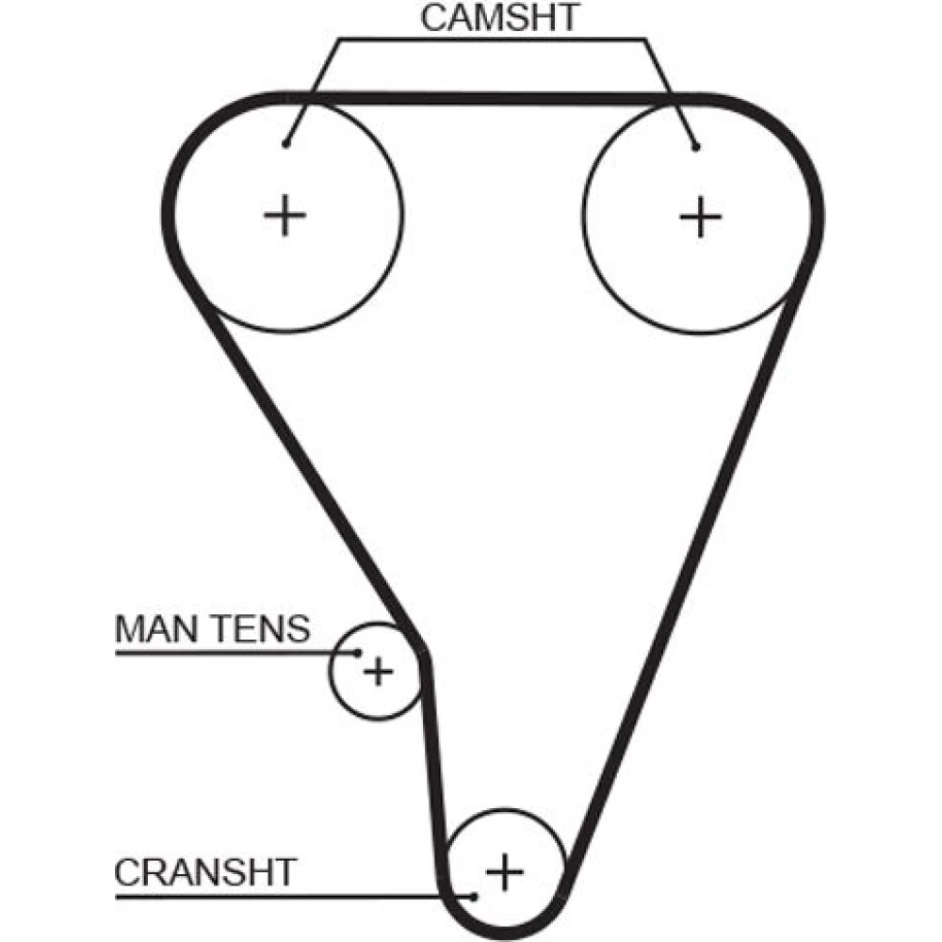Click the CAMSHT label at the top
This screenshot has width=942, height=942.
498,18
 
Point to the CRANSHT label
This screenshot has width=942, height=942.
204,871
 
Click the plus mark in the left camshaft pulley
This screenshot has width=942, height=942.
284,218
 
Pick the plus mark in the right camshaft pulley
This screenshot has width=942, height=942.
700,218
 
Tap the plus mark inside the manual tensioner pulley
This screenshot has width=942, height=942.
378,672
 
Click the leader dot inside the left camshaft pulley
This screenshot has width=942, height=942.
285,144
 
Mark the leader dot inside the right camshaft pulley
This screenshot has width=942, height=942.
695,146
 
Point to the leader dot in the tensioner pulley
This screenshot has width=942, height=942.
358,652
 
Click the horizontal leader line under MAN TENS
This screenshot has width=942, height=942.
226,652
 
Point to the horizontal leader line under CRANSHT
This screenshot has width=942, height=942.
283,895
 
